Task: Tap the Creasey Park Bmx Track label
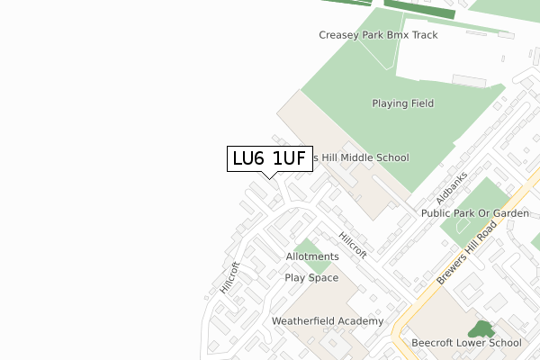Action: click(378, 35)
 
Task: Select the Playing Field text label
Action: click(403, 103)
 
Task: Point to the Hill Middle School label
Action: click(360, 157)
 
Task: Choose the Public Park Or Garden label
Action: click(475, 213)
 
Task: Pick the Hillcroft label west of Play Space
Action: click(230, 278)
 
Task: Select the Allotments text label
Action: click(312, 256)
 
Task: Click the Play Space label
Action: click(311, 277)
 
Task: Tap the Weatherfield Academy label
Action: click(328, 321)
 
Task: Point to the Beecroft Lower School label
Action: click(466, 343)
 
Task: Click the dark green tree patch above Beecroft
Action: click(481, 329)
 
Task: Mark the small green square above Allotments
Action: click(307, 245)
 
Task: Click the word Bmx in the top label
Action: click(399, 35)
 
